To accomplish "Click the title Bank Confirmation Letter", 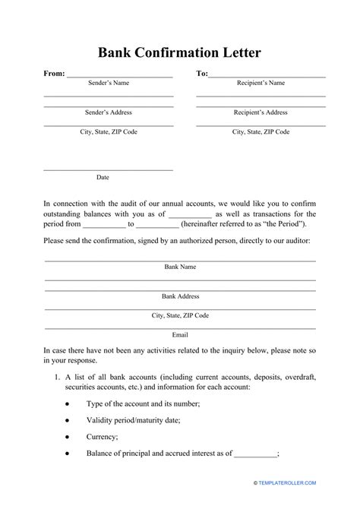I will tap(180, 53).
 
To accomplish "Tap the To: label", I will tap(202, 74).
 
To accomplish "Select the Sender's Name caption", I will tap(109, 83).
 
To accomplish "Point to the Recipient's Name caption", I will tap(261, 83).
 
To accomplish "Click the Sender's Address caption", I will tap(109, 112).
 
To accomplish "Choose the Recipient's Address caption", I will tap(261, 112).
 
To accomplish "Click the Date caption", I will tap(103, 178).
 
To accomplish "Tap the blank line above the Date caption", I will tap(109, 169).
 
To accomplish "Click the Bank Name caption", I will tap(180, 267).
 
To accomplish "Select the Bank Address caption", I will tap(180, 296).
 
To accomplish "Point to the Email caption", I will tap(180, 334).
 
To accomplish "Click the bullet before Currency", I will tap(68, 436).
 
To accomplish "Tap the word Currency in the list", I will tap(103, 437).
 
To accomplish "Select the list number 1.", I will tap(57, 378).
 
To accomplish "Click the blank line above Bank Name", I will tap(180, 260).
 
